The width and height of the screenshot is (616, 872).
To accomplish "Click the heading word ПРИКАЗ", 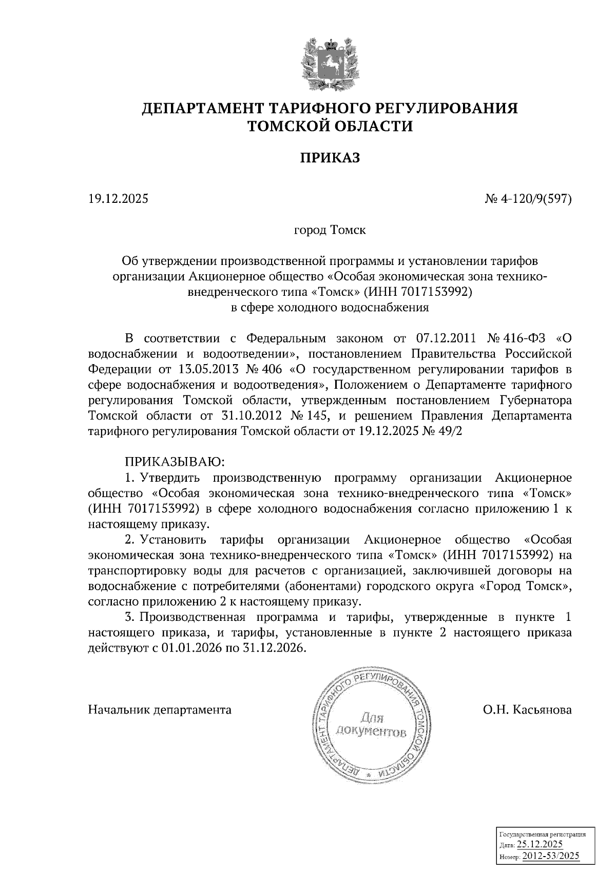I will click(x=330, y=157).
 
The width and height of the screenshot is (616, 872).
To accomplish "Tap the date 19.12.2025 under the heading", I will click(x=118, y=198).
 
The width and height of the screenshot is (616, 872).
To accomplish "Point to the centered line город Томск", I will click(x=330, y=230).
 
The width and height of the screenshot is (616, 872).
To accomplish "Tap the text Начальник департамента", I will click(x=160, y=710).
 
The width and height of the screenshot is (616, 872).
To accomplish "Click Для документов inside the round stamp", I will click(x=372, y=724).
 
